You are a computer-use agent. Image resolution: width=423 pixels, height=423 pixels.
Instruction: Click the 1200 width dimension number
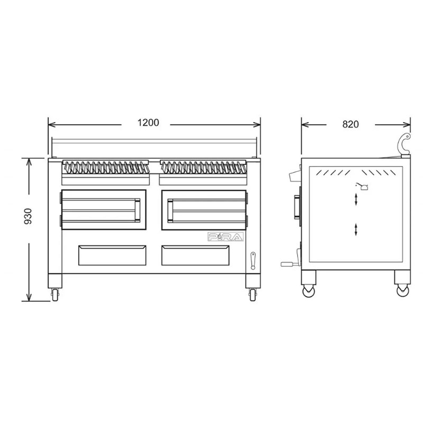[148, 123]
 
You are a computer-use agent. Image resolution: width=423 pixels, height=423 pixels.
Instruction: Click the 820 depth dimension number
[351, 124]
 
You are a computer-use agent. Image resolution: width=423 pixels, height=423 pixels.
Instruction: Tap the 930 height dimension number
[28, 216]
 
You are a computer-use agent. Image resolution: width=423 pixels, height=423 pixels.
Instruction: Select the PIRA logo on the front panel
[226, 236]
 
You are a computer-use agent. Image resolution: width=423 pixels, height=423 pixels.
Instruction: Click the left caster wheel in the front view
[55, 295]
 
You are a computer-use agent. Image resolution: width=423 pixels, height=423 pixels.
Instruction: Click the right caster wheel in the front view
[253, 295]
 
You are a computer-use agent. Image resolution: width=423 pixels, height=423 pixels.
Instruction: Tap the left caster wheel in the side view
[308, 291]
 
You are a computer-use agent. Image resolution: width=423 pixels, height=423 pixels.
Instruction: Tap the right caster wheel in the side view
[403, 290]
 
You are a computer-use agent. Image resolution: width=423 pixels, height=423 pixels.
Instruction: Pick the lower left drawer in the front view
[112, 255]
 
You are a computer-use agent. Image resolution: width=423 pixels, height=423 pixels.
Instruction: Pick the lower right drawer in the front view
[195, 255]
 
